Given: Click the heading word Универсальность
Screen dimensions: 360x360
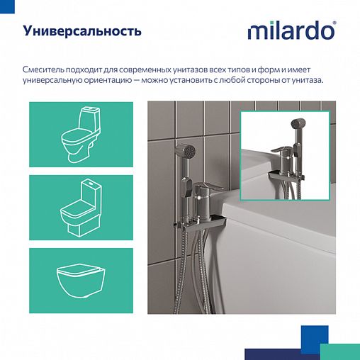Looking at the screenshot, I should [x=81, y=32].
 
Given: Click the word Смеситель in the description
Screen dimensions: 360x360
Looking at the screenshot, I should [x=44, y=69].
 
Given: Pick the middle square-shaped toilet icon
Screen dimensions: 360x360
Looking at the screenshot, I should [x=80, y=206].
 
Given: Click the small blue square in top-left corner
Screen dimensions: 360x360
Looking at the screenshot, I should [x=2, y=3].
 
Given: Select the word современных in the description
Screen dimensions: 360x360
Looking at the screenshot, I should [x=160, y=69].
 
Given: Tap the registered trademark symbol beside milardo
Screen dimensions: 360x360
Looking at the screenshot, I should [x=334, y=25].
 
